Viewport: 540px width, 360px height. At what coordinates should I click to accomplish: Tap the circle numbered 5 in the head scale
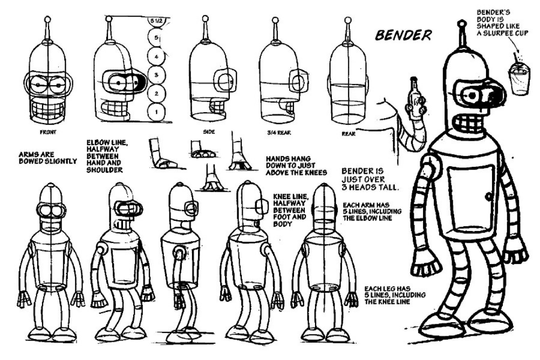[x=155, y=39]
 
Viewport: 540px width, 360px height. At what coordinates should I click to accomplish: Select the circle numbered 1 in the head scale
[x=155, y=112]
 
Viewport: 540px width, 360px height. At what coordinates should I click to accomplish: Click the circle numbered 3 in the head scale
[x=155, y=76]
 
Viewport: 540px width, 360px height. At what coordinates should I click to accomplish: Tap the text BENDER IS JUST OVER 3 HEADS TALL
[x=370, y=179]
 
